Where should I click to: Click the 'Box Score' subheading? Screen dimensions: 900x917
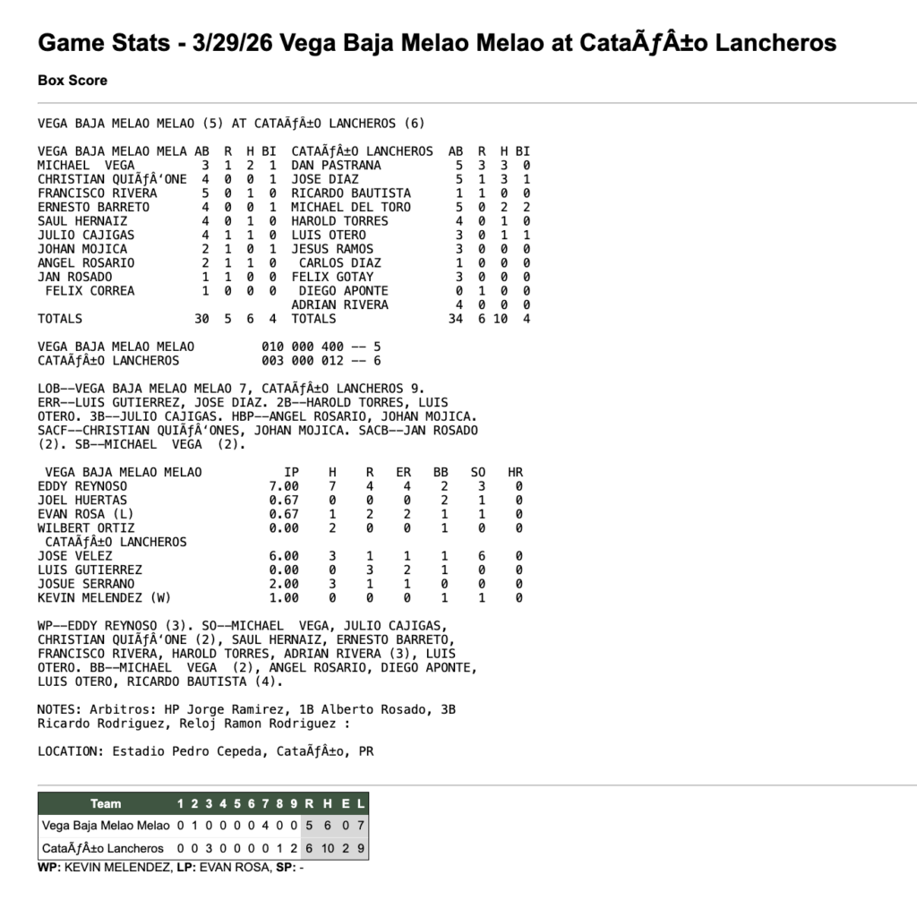pyautogui.click(x=73, y=81)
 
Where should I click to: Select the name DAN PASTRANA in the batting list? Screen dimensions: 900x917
pyautogui.click(x=336, y=166)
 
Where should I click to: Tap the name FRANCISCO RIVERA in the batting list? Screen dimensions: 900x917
pyautogui.click(x=97, y=193)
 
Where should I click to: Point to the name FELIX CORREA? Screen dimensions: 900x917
pyautogui.click(x=90, y=291)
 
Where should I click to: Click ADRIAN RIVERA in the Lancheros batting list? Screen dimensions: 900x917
pyautogui.click(x=339, y=305)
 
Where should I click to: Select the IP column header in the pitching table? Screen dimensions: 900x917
pyautogui.click(x=291, y=473)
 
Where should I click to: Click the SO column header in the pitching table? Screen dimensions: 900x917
pyautogui.click(x=478, y=473)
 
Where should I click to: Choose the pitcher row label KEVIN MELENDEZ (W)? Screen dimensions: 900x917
pyautogui.click(x=104, y=597)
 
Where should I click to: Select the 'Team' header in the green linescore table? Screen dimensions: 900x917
pyautogui.click(x=106, y=803)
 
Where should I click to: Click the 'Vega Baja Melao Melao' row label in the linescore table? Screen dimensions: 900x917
pyautogui.click(x=106, y=826)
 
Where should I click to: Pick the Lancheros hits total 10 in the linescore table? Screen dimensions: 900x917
pyautogui.click(x=325, y=848)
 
